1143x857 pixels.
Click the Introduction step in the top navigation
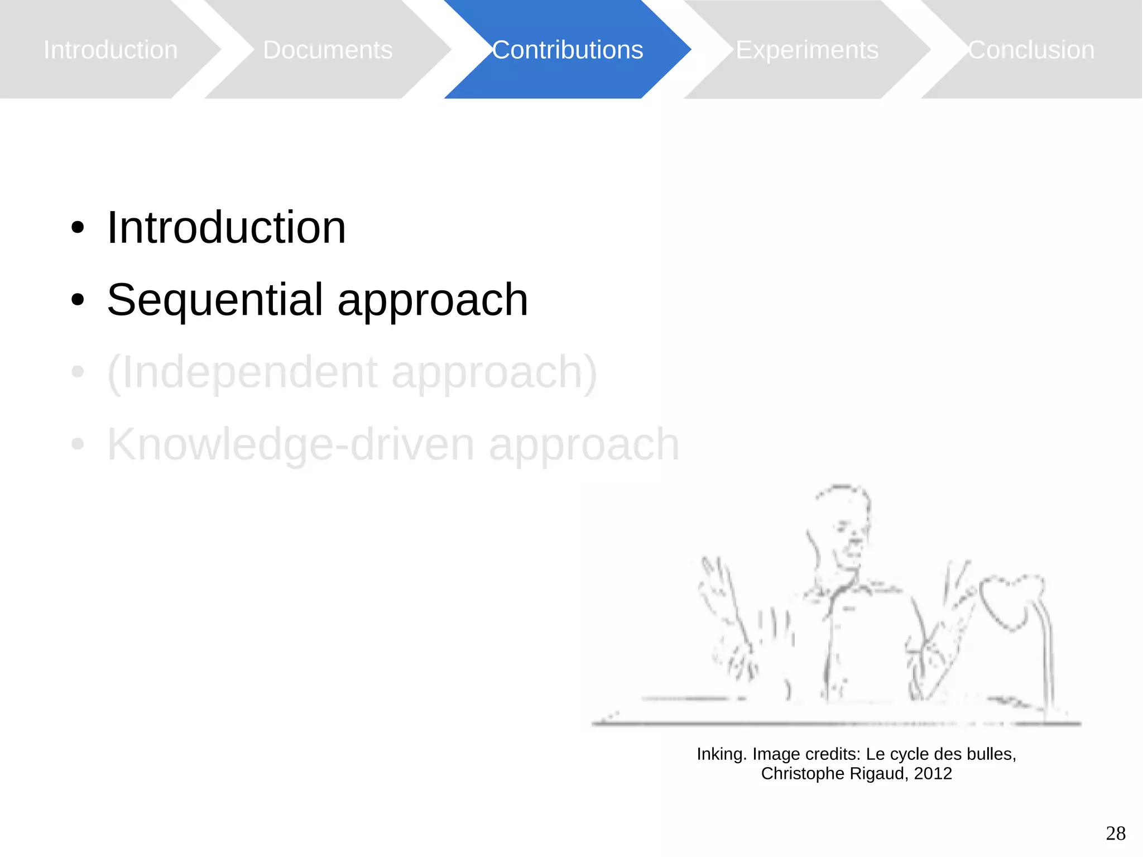click(111, 50)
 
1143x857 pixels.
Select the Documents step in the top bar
click(328, 50)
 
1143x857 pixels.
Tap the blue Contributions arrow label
click(568, 50)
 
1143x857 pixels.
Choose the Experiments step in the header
click(807, 50)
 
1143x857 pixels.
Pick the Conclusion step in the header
click(1031, 50)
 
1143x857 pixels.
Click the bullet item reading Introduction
click(226, 228)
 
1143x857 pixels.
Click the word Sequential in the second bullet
click(215, 300)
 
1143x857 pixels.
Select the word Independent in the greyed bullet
click(249, 372)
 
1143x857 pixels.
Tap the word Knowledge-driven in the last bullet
click(290, 444)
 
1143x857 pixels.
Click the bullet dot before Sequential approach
click(78, 300)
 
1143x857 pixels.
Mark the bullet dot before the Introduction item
click(78, 228)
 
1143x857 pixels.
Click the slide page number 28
click(1115, 833)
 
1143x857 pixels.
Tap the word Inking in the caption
click(721, 754)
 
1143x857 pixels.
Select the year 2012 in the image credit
click(933, 774)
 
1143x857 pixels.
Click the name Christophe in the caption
click(803, 774)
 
